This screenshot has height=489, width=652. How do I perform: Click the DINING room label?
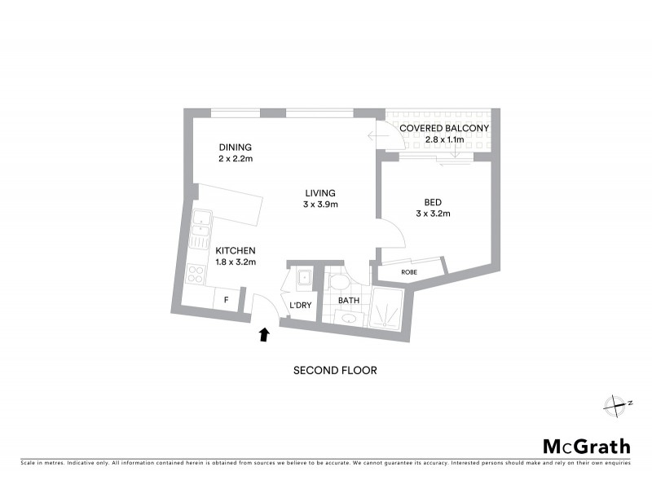click(x=236, y=148)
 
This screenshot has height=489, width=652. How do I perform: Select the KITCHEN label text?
click(x=236, y=250)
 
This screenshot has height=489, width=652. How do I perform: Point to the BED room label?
click(x=432, y=202)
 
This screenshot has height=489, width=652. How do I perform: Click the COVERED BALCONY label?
click(x=443, y=129)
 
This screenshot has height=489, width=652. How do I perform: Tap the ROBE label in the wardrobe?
click(x=409, y=271)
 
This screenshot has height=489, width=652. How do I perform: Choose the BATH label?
click(x=350, y=301)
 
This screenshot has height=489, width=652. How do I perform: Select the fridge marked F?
click(x=226, y=300)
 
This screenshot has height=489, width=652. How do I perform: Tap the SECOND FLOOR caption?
click(x=335, y=370)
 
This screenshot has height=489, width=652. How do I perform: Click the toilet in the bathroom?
click(x=337, y=282)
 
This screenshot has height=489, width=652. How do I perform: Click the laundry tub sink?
click(x=303, y=278)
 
